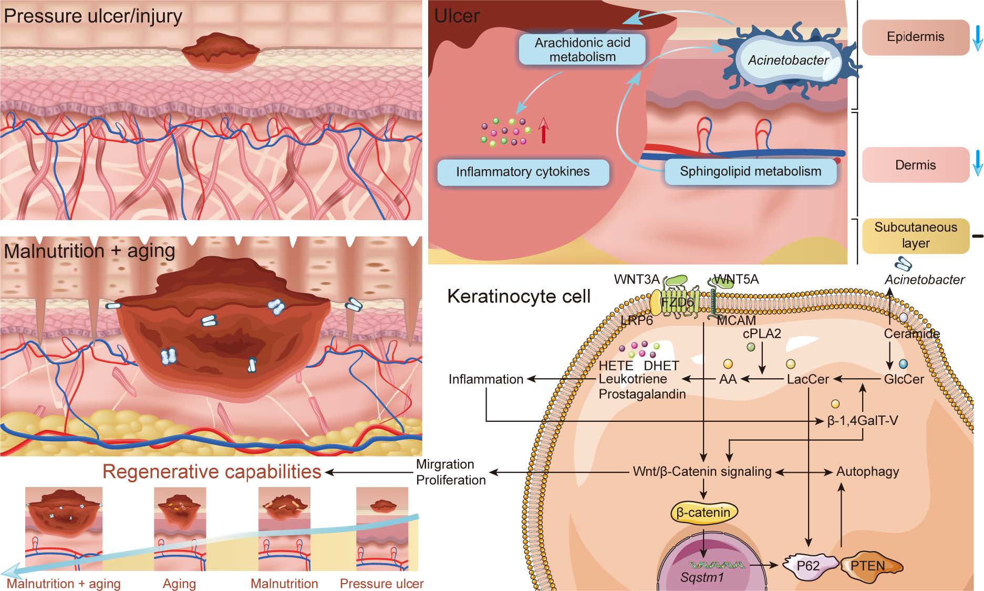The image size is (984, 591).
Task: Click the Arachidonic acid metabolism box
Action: [582, 50]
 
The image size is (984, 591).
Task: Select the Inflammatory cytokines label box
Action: [523, 172]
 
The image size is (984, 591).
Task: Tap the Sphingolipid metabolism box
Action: [750, 171]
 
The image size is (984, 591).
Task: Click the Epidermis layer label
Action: [915, 37]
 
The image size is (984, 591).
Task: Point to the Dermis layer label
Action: [915, 165]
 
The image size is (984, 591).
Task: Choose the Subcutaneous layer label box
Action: [915, 235]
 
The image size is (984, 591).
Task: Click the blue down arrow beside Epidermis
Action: [977, 37]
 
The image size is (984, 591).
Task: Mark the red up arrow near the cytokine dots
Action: [543, 131]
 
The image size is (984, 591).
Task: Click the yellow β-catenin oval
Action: [703, 512]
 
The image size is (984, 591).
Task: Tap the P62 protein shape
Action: [808, 566]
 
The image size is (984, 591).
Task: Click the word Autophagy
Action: [867, 472]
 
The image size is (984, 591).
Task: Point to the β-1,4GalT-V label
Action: [862, 421]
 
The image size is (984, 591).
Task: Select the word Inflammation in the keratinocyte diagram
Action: [485, 379]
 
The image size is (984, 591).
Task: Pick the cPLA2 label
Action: [762, 333]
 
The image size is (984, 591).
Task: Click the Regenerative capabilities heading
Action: [212, 472]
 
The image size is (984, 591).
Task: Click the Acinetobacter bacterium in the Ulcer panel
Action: [788, 59]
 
